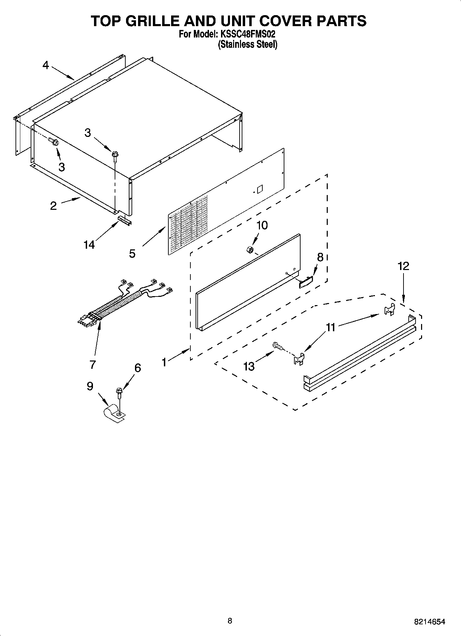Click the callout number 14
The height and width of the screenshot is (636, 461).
89,245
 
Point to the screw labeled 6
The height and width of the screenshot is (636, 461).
119,392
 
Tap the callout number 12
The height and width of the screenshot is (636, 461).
404,266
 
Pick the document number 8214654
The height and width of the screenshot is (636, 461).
429,622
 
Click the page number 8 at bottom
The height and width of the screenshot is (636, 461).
230,621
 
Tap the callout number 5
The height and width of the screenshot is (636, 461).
132,254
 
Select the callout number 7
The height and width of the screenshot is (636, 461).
92,364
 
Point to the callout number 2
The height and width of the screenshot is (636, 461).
53,206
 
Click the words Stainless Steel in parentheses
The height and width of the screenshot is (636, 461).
248,44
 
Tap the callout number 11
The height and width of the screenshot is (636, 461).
331,327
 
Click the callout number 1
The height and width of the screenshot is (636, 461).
164,362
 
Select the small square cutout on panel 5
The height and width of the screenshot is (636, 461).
260,188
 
